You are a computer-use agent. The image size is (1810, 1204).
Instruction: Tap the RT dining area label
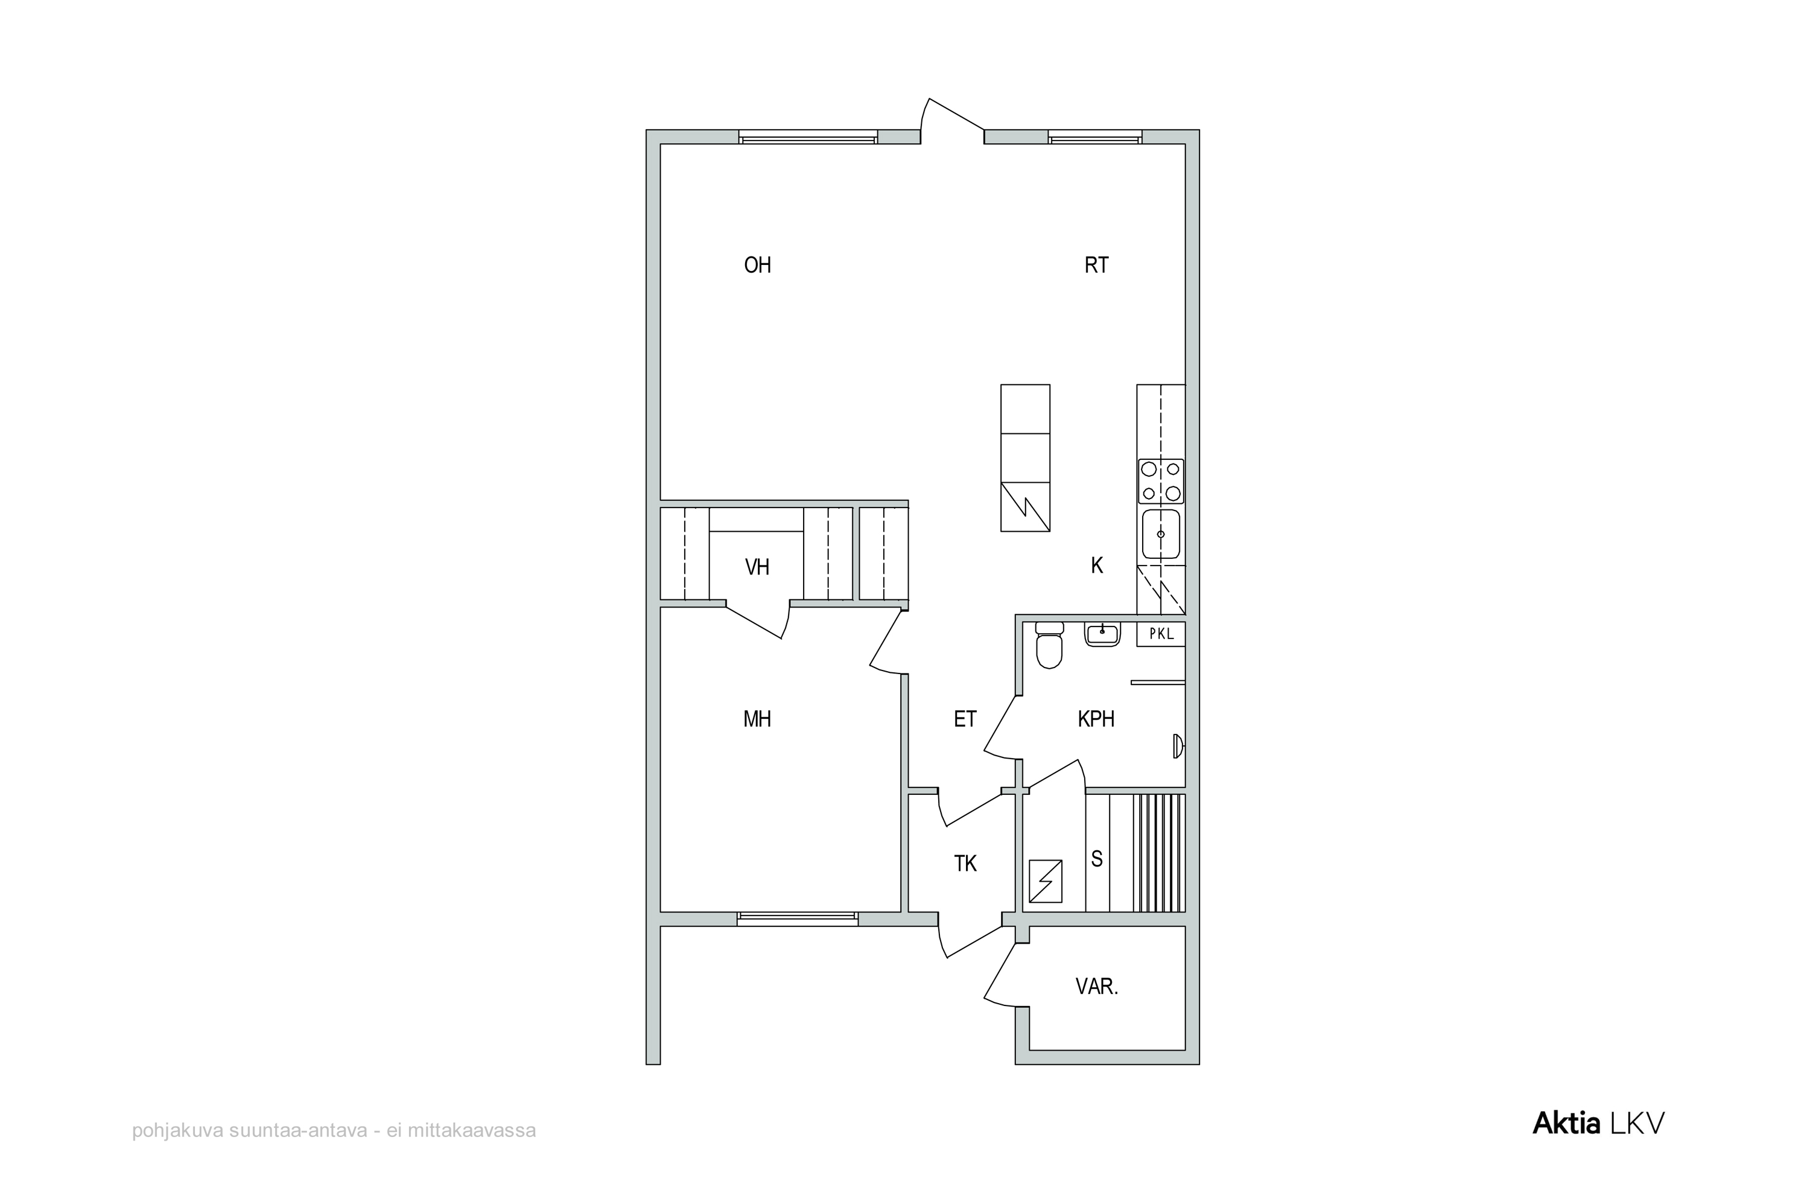click(1096, 265)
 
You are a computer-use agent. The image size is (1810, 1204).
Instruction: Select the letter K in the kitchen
click(1097, 565)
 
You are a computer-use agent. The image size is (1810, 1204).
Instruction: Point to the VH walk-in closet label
click(757, 567)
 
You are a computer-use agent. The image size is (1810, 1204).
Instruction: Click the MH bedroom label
click(757, 719)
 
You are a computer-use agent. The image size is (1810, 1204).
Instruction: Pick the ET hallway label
click(965, 719)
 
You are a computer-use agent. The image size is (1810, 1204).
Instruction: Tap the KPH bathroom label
click(1096, 719)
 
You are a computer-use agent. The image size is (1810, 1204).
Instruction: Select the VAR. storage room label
click(1097, 987)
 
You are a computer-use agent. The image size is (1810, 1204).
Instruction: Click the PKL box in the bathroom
click(1161, 634)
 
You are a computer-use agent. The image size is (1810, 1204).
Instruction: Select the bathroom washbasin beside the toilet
click(1102, 634)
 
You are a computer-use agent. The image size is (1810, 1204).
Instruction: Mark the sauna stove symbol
click(1046, 881)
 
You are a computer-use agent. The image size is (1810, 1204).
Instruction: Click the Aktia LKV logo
click(1598, 1123)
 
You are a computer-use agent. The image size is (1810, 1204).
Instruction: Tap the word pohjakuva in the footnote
click(178, 1131)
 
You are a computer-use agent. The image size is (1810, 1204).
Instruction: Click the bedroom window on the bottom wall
click(798, 919)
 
